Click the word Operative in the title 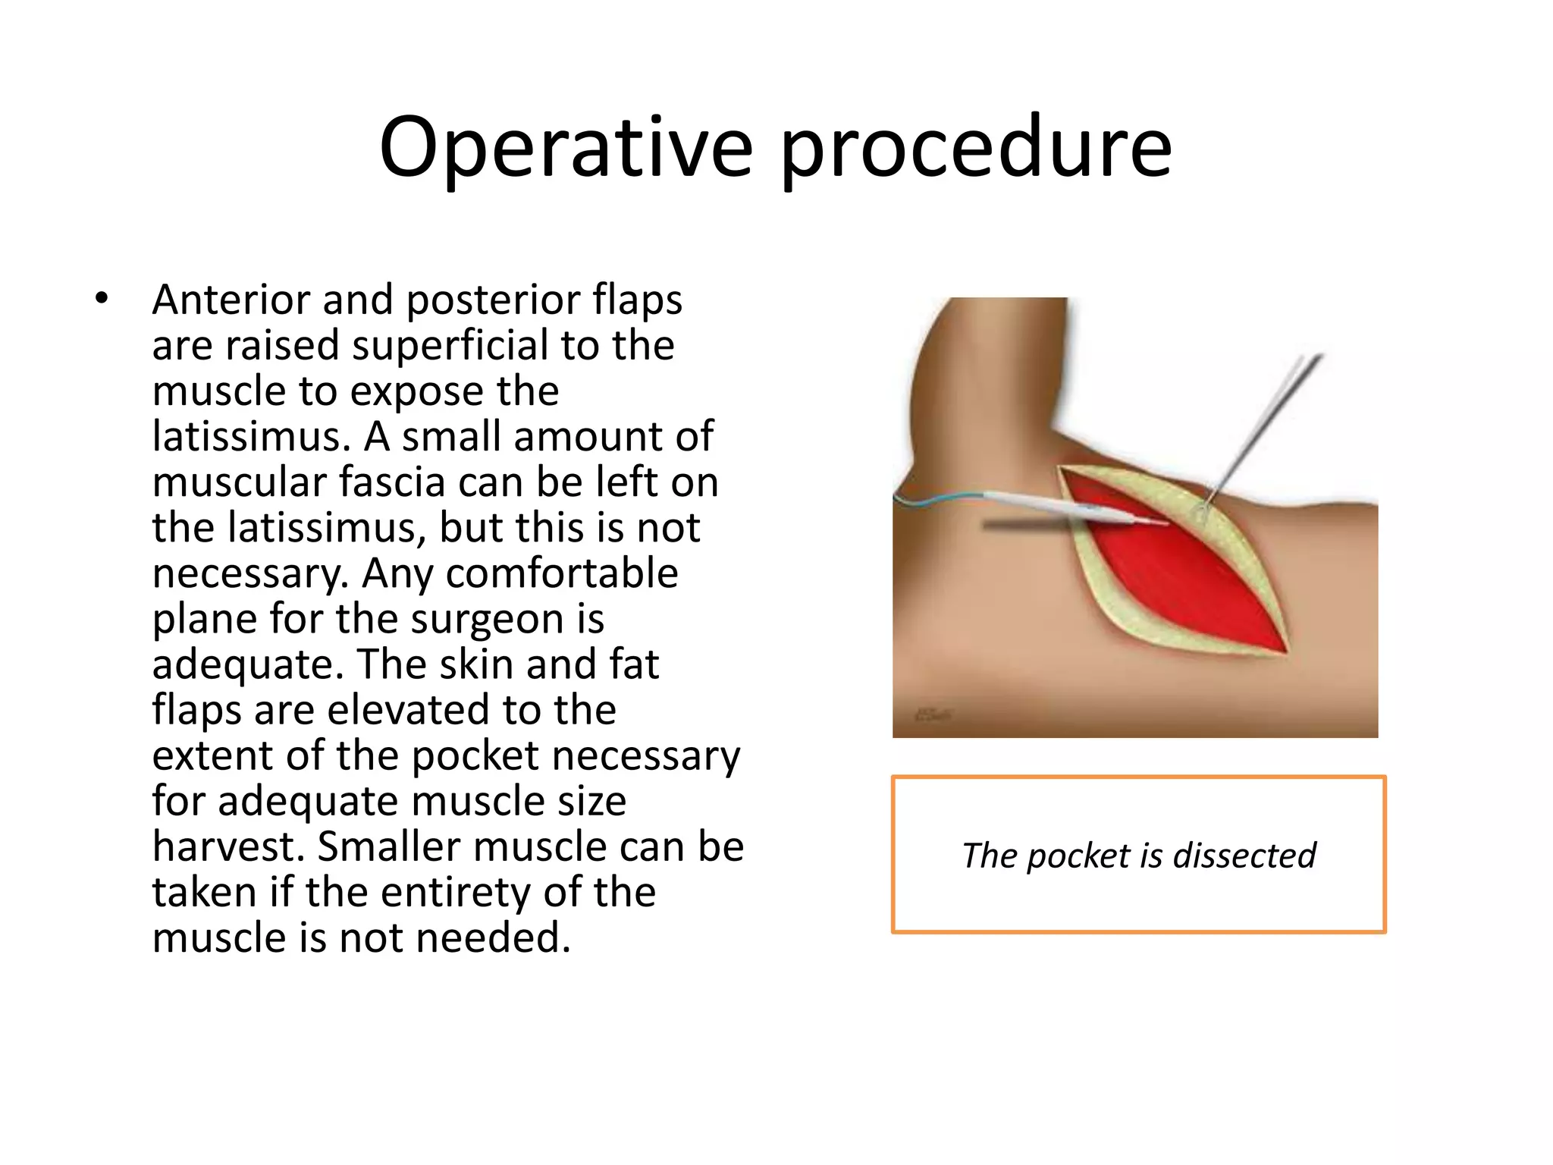point(566,148)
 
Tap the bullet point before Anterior point(102,299)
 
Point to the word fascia point(391,482)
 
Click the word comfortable point(561,573)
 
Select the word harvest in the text point(227,847)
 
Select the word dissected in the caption point(1244,856)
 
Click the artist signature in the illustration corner point(933,714)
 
